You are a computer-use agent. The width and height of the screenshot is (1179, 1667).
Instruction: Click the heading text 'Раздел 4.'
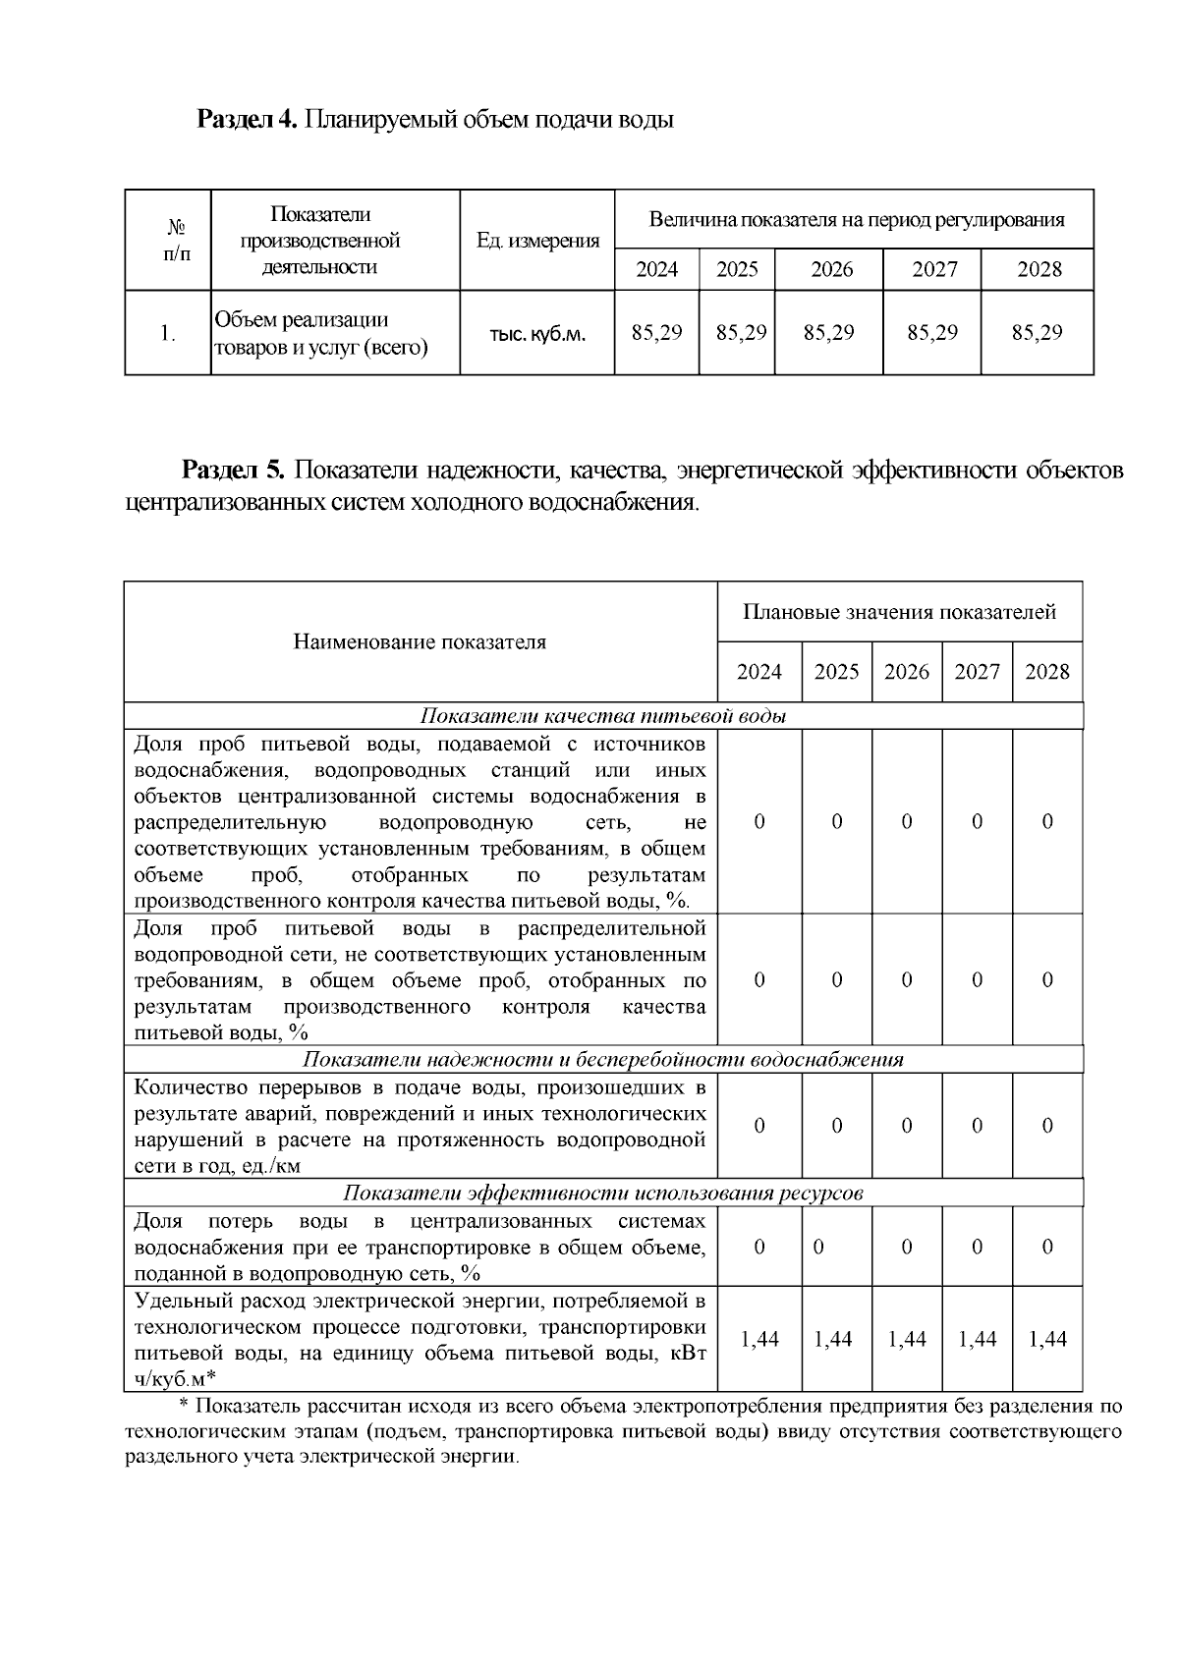pos(247,120)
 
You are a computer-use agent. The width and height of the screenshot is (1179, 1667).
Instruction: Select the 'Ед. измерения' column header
pos(537,241)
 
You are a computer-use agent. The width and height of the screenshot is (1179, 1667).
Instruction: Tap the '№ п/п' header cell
pos(177,241)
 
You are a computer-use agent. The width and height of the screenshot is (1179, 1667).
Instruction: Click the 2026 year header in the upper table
pos(831,269)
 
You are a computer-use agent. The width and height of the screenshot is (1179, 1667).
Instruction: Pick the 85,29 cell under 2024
pos(656,333)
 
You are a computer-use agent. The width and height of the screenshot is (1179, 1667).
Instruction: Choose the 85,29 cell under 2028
pos(1037,333)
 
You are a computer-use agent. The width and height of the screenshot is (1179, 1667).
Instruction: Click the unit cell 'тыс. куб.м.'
pos(537,334)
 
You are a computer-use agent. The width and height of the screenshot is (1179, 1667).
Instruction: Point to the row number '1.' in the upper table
pos(168,333)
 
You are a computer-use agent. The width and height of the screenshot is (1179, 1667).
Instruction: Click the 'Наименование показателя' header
pos(420,642)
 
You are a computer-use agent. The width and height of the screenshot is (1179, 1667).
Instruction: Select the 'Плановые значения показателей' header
pos(899,613)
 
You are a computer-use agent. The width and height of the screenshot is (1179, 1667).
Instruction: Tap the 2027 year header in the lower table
pos(977,672)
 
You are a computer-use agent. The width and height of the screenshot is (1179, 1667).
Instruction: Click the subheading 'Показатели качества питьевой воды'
pos(603,716)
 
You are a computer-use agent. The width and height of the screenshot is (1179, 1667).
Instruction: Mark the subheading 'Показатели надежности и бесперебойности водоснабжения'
pos(603,1060)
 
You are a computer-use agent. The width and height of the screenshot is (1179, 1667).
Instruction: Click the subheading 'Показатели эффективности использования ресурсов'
pos(603,1194)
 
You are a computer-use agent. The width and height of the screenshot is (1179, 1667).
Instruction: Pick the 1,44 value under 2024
pos(759,1339)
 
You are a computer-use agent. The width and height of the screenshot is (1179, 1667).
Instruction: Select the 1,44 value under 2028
pos(1047,1339)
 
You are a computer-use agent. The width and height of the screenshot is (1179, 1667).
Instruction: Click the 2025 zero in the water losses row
pos(819,1247)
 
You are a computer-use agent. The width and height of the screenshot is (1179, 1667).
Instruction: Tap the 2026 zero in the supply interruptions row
pos(907,1126)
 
